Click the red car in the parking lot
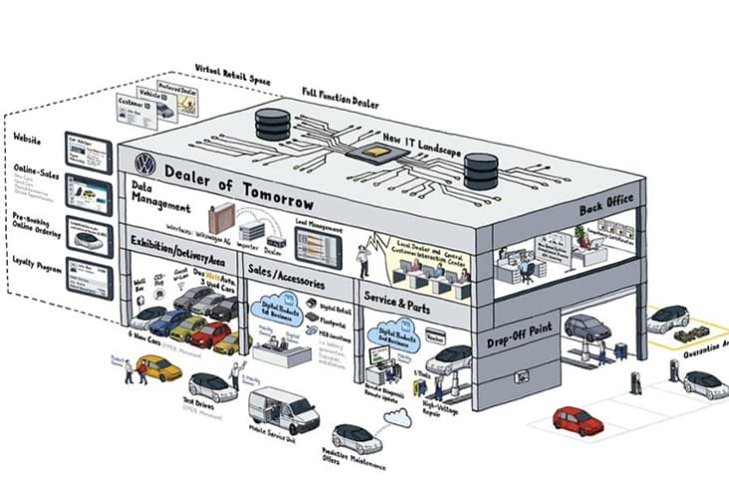tap(578, 419)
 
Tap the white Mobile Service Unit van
tap(281, 409)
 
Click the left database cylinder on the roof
tap(271, 124)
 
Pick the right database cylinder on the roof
tap(481, 170)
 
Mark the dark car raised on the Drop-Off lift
tap(587, 327)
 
